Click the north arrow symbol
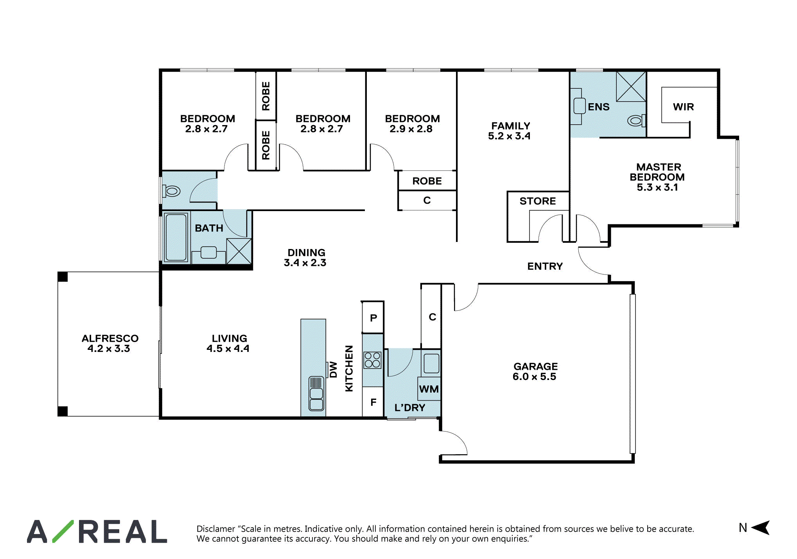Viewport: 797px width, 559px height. click(x=761, y=528)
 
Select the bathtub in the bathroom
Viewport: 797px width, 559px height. click(x=176, y=237)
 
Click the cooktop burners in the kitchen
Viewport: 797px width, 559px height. click(x=372, y=360)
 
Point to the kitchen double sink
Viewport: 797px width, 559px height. click(x=316, y=394)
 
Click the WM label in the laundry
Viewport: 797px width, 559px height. click(x=429, y=389)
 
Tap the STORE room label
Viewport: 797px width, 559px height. click(x=538, y=201)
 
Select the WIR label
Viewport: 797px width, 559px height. click(x=683, y=107)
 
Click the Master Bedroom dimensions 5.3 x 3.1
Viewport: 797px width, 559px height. click(x=657, y=187)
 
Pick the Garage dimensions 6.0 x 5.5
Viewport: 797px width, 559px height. click(x=534, y=376)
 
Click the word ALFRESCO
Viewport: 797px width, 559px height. click(x=110, y=338)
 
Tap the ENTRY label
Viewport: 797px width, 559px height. click(x=545, y=266)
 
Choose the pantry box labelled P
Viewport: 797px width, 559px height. click(x=373, y=317)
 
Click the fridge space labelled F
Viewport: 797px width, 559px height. click(x=373, y=402)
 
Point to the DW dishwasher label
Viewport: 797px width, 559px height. click(x=333, y=369)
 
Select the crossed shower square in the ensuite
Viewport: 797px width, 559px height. click(x=631, y=86)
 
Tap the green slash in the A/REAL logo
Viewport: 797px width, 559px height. click(x=63, y=531)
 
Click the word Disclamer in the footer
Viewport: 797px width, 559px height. click(x=216, y=529)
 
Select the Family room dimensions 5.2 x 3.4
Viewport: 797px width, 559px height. click(x=509, y=136)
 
